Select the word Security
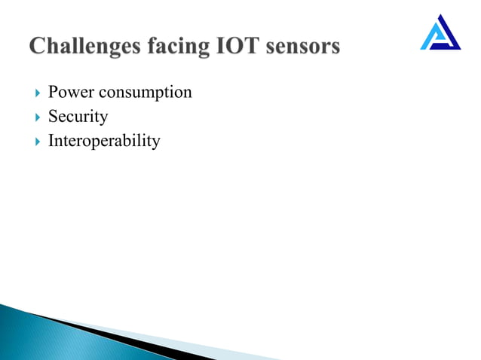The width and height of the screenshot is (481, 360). (78, 117)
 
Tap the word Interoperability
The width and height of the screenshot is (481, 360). (104, 142)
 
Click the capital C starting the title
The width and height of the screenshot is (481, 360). (38, 47)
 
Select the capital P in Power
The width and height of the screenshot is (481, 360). (53, 93)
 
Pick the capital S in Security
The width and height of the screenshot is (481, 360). (53, 117)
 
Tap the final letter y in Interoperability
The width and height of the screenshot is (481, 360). (155, 143)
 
